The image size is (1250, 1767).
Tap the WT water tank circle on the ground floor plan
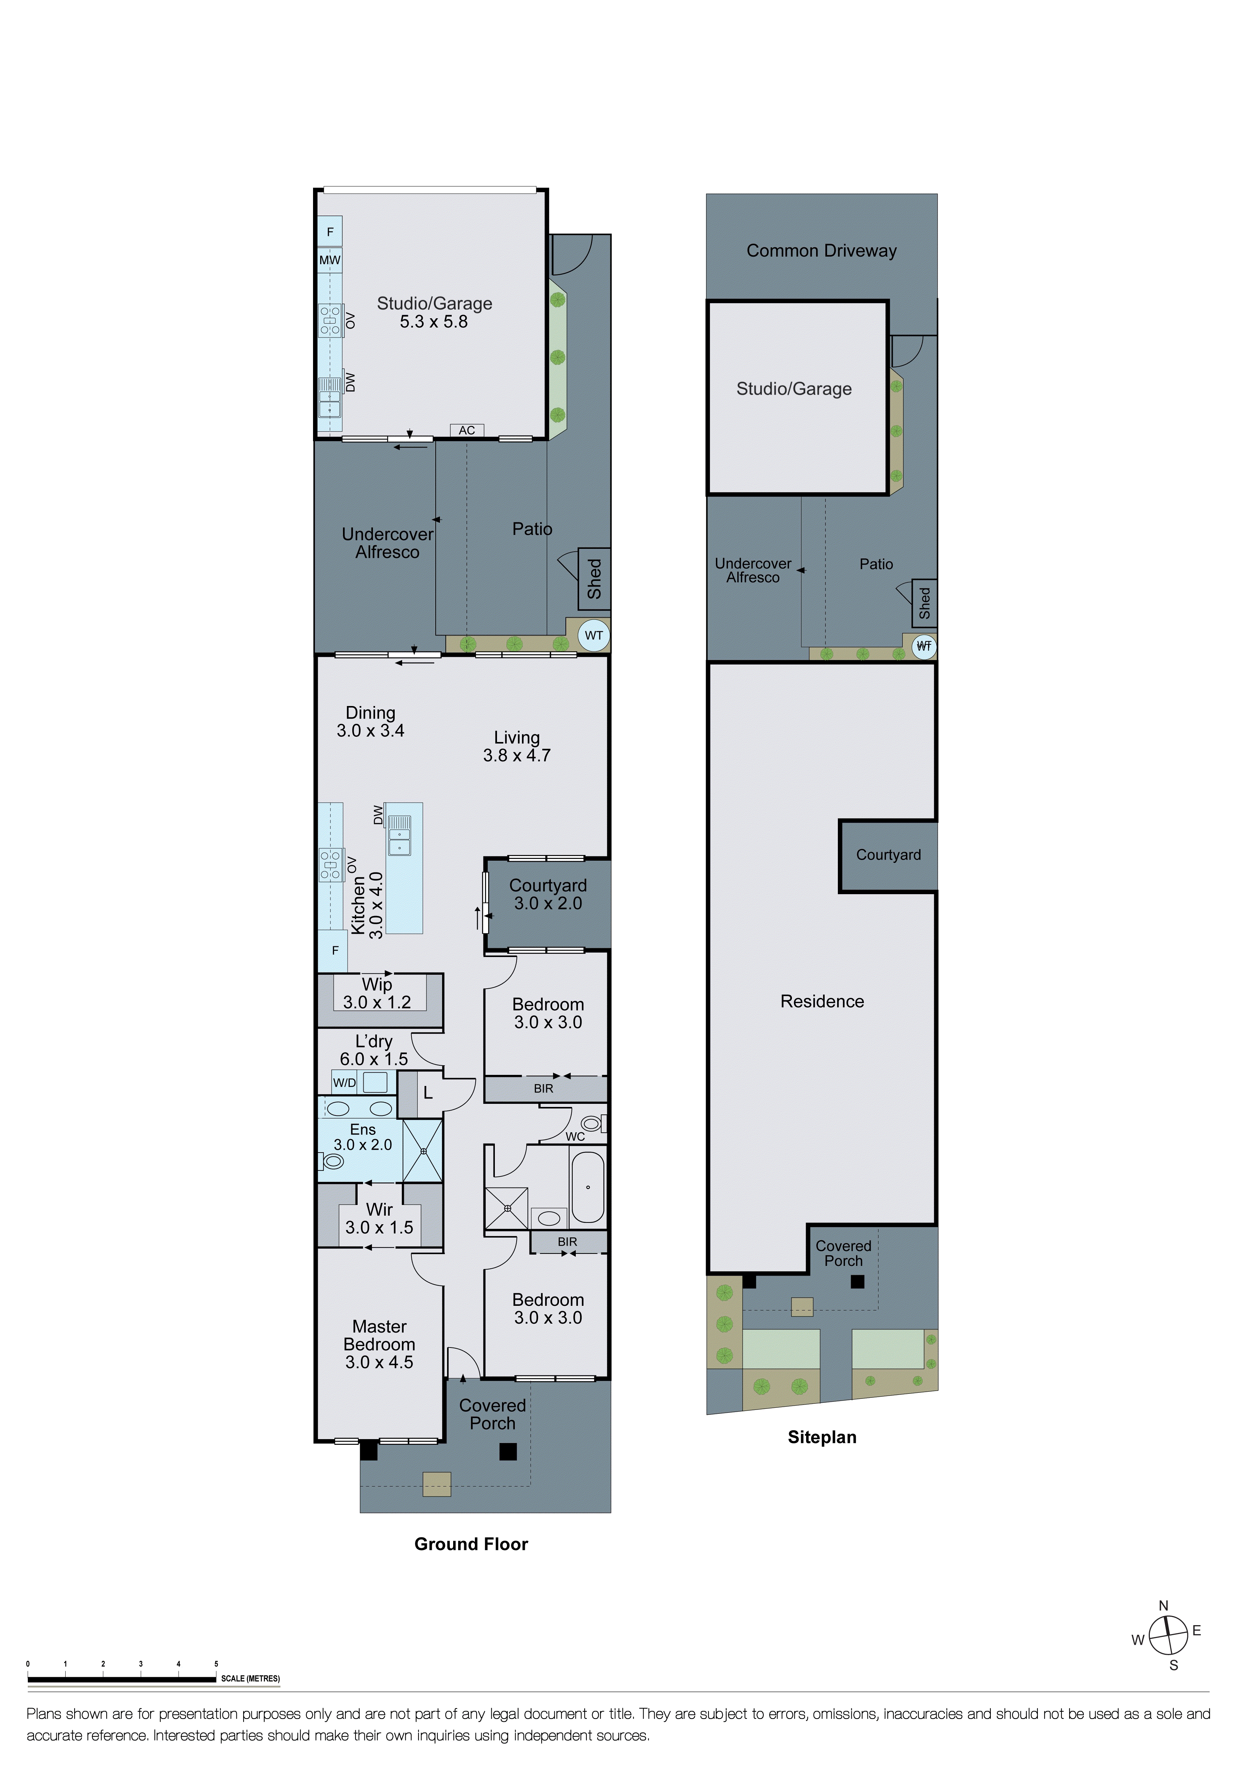593,636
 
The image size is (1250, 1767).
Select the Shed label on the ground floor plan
594,579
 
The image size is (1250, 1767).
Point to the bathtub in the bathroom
588,1186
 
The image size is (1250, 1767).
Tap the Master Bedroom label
379,1344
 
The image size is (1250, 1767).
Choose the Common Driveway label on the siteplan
821,251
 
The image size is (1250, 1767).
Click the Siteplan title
821,1437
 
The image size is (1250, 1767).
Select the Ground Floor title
471,1544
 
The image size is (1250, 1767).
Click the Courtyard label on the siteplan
888,855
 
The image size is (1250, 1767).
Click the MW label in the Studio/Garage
329,260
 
